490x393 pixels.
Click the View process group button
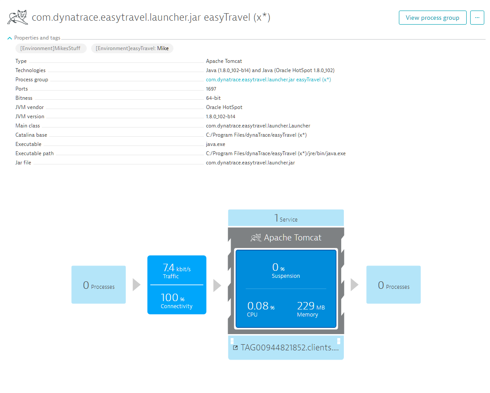click(432, 18)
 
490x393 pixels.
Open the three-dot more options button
click(477, 18)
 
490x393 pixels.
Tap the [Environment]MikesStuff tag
click(51, 48)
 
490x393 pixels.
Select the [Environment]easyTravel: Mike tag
click(132, 48)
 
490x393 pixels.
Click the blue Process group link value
click(269, 80)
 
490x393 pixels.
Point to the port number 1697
click(211, 89)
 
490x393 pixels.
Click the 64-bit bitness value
click(214, 98)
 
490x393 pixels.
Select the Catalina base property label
click(31, 135)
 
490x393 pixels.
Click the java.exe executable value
click(216, 144)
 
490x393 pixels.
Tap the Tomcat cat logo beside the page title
click(18, 17)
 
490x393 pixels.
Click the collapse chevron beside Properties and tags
click(10, 38)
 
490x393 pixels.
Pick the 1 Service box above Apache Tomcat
click(286, 218)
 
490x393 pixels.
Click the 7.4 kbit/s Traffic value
click(177, 271)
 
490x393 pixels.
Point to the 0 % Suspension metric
click(286, 270)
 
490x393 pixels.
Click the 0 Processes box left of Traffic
click(99, 285)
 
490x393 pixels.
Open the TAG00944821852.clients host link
click(286, 348)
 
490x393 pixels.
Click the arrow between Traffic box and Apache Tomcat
click(217, 285)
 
